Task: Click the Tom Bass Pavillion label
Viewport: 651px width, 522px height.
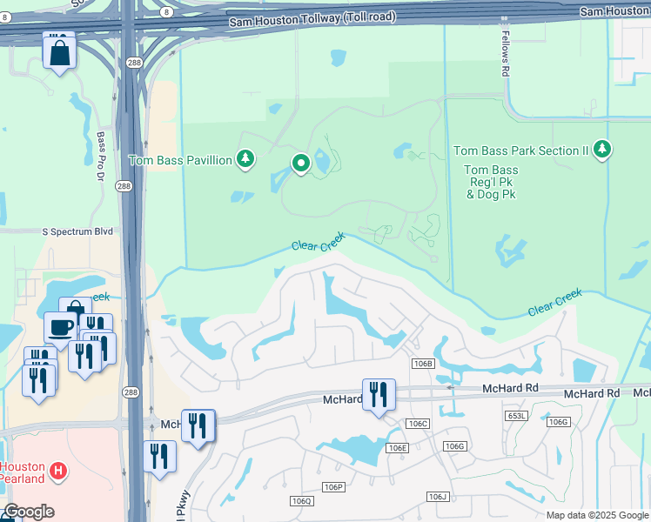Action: (x=180, y=160)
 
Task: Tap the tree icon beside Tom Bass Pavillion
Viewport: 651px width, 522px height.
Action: (x=246, y=158)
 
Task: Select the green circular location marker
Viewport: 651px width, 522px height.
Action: (x=301, y=163)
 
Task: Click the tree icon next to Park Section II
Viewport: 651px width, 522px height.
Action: (x=601, y=150)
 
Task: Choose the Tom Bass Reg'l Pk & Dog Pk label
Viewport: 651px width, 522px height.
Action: (x=491, y=182)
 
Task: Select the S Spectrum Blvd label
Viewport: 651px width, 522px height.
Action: (x=78, y=231)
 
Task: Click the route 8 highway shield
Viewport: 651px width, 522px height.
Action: (x=164, y=11)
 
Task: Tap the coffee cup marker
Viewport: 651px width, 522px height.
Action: (x=60, y=327)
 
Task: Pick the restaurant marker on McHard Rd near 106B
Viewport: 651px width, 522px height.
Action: (x=379, y=393)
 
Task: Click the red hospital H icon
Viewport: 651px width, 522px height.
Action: (x=57, y=472)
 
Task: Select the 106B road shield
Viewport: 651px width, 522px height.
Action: (x=423, y=363)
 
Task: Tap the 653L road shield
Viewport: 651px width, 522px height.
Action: (x=516, y=417)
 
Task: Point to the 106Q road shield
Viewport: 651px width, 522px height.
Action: (x=301, y=501)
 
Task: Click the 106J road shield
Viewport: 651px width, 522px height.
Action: (x=438, y=496)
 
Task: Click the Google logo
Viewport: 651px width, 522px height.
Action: (x=28, y=512)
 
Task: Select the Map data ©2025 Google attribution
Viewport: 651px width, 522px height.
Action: (x=596, y=515)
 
